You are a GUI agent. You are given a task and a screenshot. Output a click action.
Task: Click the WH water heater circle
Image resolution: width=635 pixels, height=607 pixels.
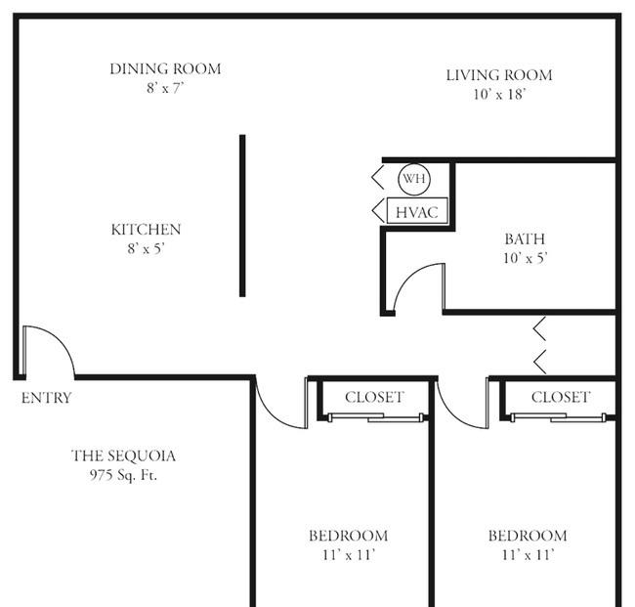click(x=414, y=179)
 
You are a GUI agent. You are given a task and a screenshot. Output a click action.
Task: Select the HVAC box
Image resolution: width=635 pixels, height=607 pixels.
click(x=417, y=210)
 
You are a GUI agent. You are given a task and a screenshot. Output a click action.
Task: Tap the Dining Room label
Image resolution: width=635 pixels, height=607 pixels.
click(x=166, y=68)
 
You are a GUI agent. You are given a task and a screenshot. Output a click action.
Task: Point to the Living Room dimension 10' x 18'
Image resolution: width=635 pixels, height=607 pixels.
click(x=499, y=95)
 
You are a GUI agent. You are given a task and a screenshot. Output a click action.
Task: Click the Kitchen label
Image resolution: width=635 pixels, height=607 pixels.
click(x=146, y=230)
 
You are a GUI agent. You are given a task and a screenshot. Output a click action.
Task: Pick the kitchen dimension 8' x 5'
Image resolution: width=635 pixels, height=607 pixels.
click(x=146, y=248)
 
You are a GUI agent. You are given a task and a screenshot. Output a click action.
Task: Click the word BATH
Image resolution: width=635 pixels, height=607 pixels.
click(x=525, y=238)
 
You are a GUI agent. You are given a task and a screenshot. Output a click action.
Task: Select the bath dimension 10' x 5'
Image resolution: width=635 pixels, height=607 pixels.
click(x=526, y=258)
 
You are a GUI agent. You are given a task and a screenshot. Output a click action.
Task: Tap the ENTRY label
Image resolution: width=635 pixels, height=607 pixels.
click(x=47, y=398)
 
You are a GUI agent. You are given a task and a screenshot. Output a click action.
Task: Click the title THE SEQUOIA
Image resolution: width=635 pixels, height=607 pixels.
click(x=123, y=455)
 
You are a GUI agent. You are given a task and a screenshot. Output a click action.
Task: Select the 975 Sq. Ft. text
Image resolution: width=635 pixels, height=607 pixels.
click(x=123, y=474)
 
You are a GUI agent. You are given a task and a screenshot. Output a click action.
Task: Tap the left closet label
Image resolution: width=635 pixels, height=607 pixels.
click(x=374, y=397)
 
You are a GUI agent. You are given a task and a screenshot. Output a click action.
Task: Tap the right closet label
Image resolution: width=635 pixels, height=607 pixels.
click(x=561, y=397)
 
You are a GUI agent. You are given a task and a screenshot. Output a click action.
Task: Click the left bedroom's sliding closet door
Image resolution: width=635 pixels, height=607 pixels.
click(x=375, y=417)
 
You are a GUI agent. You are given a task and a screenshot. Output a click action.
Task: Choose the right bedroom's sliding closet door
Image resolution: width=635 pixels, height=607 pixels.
click(x=558, y=417)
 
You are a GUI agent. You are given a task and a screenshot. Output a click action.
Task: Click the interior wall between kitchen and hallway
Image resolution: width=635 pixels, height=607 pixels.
click(x=242, y=216)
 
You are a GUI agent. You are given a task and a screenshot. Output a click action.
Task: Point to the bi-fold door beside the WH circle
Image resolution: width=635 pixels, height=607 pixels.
click(x=378, y=177)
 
